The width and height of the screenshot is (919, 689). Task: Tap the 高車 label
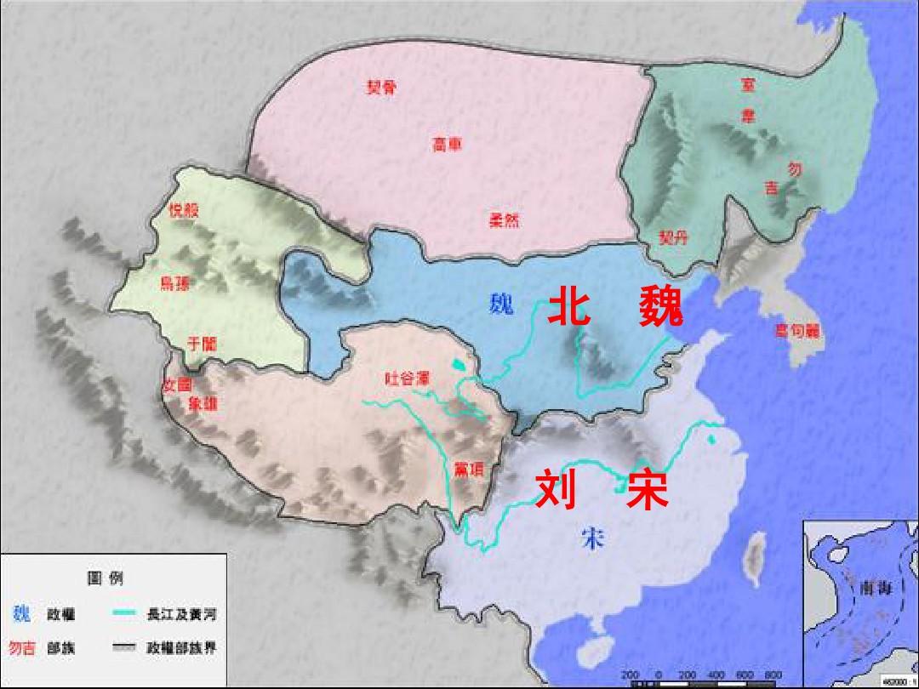tap(448, 144)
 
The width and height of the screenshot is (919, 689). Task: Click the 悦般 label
tap(183, 210)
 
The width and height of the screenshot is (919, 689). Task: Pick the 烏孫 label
tap(174, 283)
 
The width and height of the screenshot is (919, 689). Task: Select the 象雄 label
tap(203, 404)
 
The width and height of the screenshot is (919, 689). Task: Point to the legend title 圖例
tap(106, 578)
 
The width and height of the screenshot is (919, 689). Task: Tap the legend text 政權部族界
tap(181, 648)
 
